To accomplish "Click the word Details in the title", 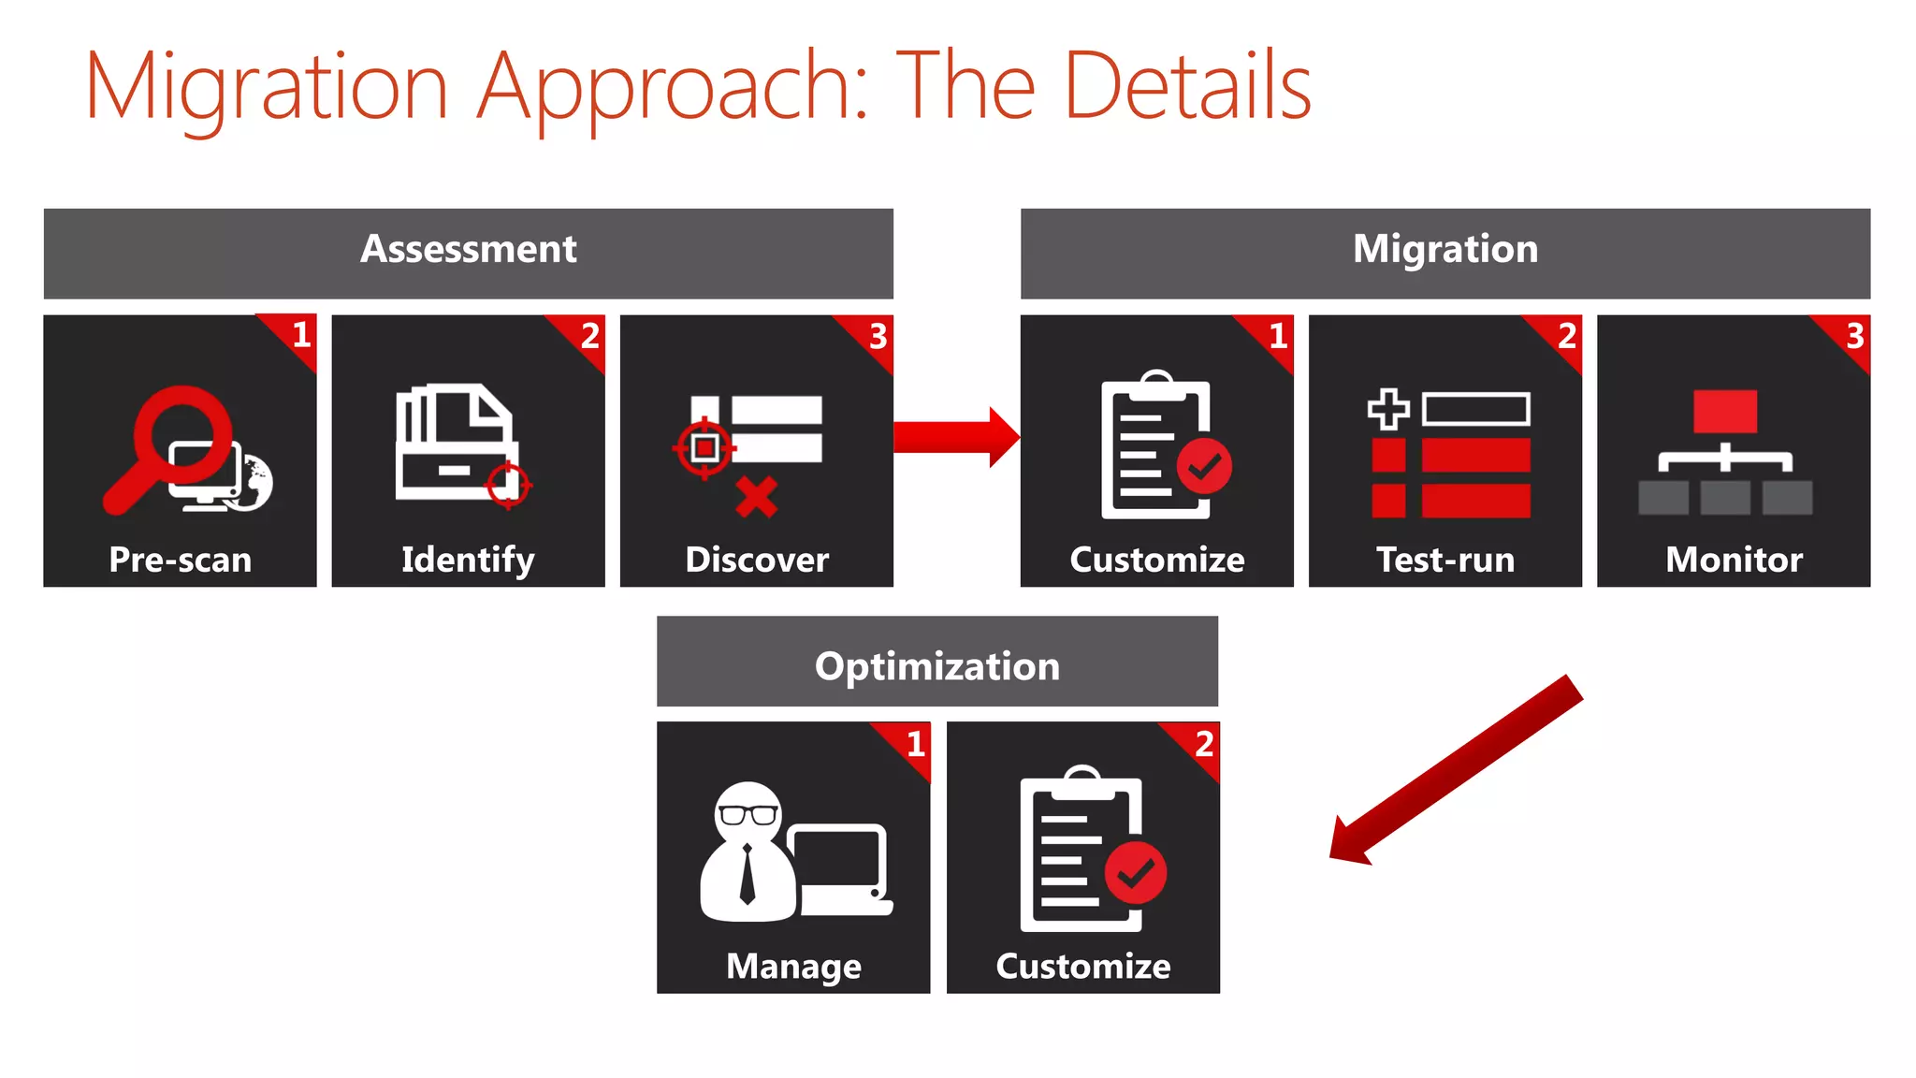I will click(1188, 86).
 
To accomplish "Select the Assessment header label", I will click(468, 250).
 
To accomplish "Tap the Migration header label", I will click(1445, 250).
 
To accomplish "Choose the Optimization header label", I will click(937, 666).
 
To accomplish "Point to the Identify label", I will click(468, 560).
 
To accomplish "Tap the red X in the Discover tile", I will click(756, 497).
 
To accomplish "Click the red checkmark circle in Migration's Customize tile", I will click(1204, 465).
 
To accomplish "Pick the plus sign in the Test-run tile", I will click(1388, 409).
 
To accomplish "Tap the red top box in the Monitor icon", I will click(1725, 412).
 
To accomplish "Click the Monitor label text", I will click(1734, 560).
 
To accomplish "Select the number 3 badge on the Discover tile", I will click(878, 336).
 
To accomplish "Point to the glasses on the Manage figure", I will click(748, 814).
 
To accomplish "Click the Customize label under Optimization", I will click(1082, 967).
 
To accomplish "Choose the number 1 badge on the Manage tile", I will click(916, 744).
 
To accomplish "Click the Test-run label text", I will click(1445, 560).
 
